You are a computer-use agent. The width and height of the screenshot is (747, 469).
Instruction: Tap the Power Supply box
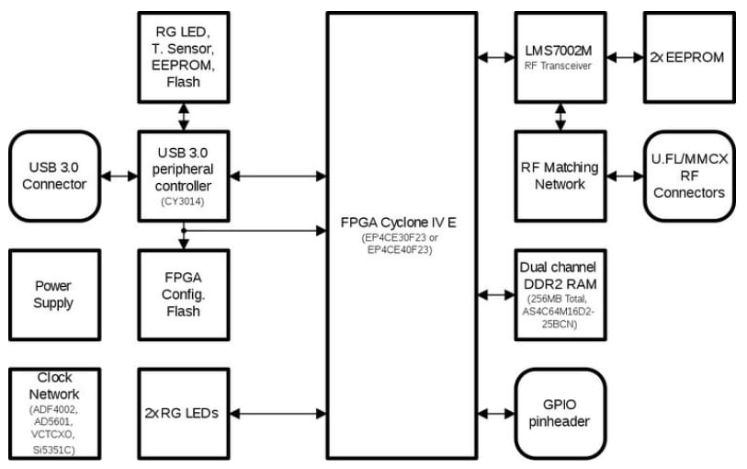point(52,293)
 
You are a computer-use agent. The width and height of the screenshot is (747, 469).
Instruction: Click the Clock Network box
point(52,413)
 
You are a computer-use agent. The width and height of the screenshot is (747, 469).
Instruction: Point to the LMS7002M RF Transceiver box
point(559,57)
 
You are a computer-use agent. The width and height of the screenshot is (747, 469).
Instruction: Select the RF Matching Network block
point(559,176)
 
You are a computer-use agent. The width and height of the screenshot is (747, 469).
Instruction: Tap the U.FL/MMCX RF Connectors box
point(689,176)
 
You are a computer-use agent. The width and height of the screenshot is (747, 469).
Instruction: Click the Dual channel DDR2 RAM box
point(559,293)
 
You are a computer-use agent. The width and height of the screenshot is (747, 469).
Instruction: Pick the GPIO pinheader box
point(559,413)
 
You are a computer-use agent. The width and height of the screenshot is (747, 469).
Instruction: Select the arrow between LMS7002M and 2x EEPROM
point(624,57)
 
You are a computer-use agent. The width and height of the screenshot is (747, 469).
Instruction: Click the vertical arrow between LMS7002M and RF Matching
point(559,116)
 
